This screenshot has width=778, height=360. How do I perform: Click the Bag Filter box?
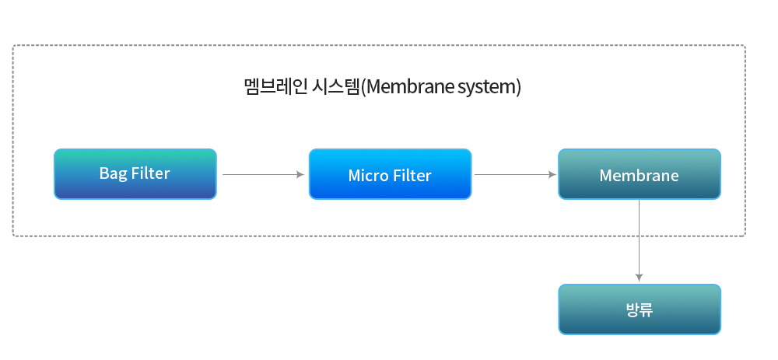(x=135, y=174)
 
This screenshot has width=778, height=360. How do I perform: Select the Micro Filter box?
(x=390, y=174)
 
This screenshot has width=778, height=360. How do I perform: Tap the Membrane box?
(x=640, y=174)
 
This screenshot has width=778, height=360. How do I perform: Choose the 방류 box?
(x=640, y=309)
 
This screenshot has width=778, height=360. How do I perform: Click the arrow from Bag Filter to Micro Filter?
(x=263, y=174)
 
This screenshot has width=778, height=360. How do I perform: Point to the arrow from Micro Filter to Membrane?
(x=515, y=174)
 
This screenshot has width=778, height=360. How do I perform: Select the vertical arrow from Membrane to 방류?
(x=639, y=241)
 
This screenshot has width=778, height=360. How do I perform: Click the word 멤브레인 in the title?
(x=276, y=87)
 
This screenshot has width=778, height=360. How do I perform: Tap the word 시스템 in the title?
(x=335, y=87)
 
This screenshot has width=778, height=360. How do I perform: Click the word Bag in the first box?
(x=112, y=173)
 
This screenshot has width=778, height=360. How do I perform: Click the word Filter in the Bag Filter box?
(x=151, y=173)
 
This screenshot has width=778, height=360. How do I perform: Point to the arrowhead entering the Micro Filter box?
(x=300, y=174)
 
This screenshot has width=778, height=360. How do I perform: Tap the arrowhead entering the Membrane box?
(x=552, y=174)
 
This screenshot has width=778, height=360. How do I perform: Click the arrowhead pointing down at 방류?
(x=639, y=278)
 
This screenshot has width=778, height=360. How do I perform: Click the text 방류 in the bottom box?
(x=640, y=310)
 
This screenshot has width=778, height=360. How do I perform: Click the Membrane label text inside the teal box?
(x=639, y=176)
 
